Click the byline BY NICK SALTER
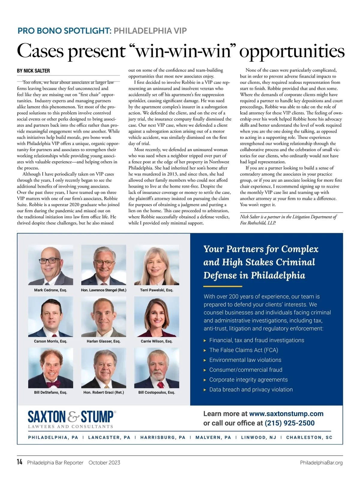[33, 71]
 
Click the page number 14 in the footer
[19, 462]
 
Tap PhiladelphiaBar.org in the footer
[321, 463]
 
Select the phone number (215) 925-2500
[289, 423]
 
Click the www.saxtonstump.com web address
[286, 414]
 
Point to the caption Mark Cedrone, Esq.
[50, 290]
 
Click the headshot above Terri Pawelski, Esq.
[157, 265]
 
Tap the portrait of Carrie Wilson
[157, 317]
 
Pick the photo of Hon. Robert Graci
[103, 368]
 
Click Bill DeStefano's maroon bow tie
[51, 384]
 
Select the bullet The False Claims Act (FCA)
[244, 350]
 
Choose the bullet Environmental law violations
[245, 360]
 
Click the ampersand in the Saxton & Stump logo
[73, 417]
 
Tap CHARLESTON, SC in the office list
[309, 437]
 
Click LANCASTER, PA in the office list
[109, 437]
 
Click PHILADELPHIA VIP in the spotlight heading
[150, 31]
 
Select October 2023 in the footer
[104, 463]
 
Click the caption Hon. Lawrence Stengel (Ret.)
[103, 290]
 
